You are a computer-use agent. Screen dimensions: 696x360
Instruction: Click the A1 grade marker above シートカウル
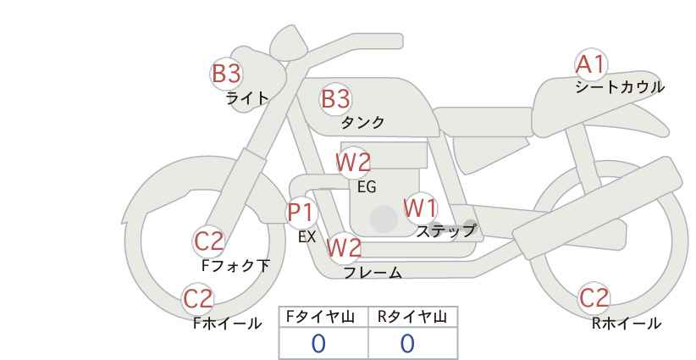[591, 65]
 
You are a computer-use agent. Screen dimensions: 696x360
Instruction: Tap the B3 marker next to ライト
[226, 74]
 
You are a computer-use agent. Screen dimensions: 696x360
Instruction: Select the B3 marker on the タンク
[336, 99]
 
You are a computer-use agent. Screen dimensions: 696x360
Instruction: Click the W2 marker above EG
[353, 163]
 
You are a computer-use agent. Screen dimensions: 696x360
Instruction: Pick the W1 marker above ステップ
[420, 208]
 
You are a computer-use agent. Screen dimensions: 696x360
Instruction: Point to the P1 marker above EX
[301, 213]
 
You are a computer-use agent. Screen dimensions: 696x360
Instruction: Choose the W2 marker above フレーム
[344, 247]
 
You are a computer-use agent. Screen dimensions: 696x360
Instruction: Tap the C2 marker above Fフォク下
[209, 242]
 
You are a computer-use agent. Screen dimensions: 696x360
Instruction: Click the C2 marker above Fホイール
[198, 299]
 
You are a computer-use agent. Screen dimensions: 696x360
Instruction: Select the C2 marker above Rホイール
[594, 298]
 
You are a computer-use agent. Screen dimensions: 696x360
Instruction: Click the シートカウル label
[620, 87]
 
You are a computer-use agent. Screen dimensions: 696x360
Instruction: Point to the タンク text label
[362, 123]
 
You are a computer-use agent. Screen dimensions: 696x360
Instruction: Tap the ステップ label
[445, 231]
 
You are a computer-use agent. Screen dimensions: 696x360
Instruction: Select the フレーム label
[373, 273]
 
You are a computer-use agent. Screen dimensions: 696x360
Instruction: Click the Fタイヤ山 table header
[320, 317]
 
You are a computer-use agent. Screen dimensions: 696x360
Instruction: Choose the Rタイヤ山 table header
[412, 317]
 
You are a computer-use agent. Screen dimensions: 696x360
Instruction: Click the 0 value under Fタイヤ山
[318, 344]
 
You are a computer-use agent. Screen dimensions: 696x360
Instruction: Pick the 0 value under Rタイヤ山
[407, 344]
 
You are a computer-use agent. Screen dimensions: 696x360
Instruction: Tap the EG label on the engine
[367, 187]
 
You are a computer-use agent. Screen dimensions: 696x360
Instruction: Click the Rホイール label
[627, 324]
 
